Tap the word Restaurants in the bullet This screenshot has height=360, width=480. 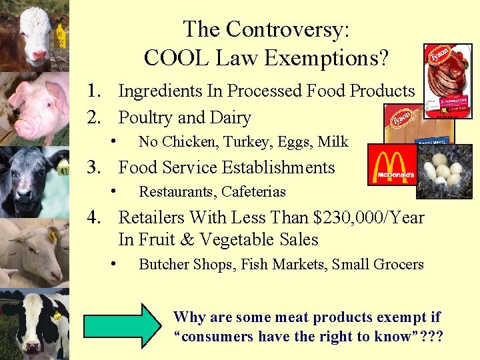pyautogui.click(x=175, y=192)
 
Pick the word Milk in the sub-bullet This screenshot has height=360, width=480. pyautogui.click(x=333, y=141)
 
